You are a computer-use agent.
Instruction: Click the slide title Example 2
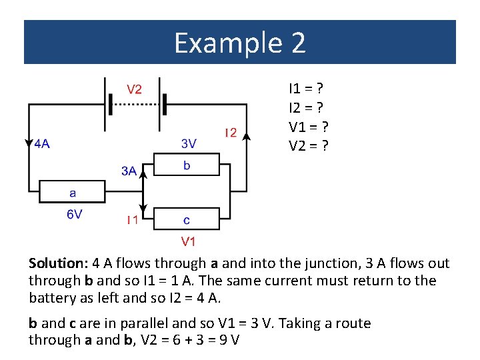pyautogui.click(x=240, y=43)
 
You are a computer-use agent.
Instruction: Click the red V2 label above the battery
pyautogui.click(x=134, y=89)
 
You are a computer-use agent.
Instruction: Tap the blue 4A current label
pyautogui.click(x=41, y=143)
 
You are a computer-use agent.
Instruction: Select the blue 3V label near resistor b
pyautogui.click(x=189, y=143)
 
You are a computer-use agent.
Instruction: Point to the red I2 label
pyautogui.click(x=230, y=132)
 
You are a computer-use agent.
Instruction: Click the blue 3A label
pyautogui.click(x=129, y=171)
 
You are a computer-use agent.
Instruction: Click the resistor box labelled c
pyautogui.click(x=186, y=219)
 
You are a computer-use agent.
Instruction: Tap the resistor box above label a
pyautogui.click(x=72, y=192)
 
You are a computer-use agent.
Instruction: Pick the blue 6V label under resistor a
pyautogui.click(x=73, y=215)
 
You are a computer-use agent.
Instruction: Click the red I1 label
pyautogui.click(x=133, y=219)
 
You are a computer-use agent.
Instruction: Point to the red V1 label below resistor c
pyautogui.click(x=188, y=241)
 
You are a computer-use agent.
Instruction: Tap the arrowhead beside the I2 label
pyautogui.click(x=247, y=137)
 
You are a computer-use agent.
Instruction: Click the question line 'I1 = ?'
pyautogui.click(x=306, y=88)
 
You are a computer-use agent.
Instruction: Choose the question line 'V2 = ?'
pyautogui.click(x=308, y=145)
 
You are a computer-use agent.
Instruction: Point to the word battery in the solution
pyautogui.click(x=51, y=297)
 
